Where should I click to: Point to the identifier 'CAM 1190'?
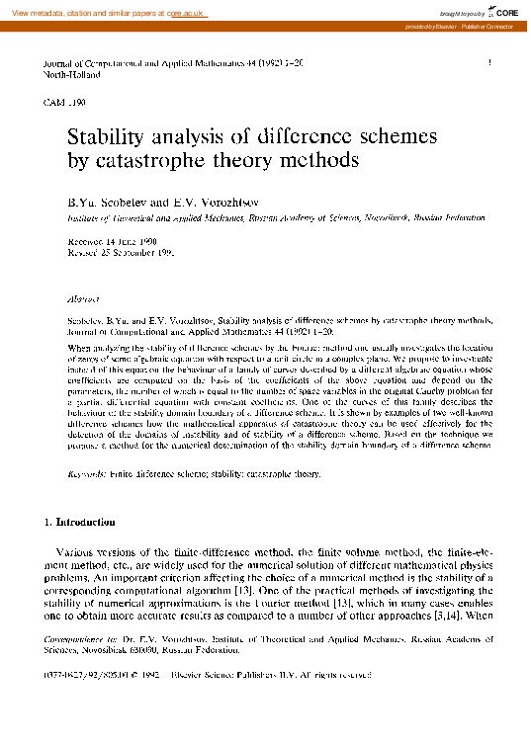point(65,102)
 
